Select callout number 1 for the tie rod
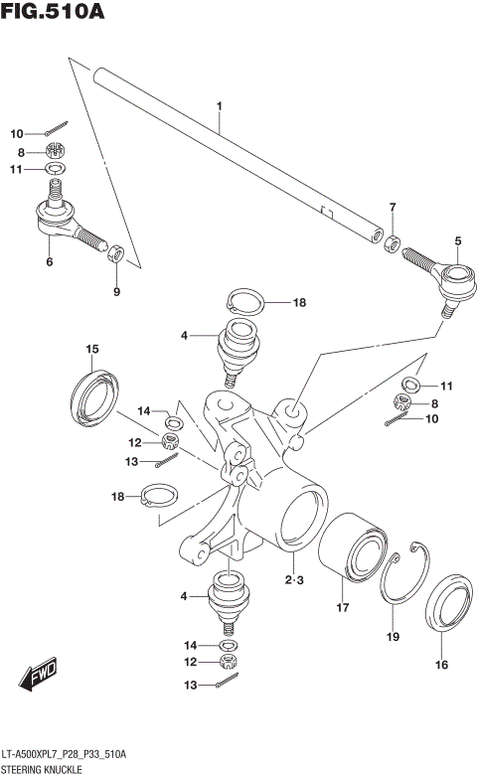click(220, 105)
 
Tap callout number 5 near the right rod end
click(458, 240)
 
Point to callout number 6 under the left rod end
click(48, 262)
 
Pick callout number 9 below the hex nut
click(115, 291)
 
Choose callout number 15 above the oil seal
click(92, 349)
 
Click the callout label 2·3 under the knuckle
click(292, 579)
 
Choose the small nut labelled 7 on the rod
click(394, 241)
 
